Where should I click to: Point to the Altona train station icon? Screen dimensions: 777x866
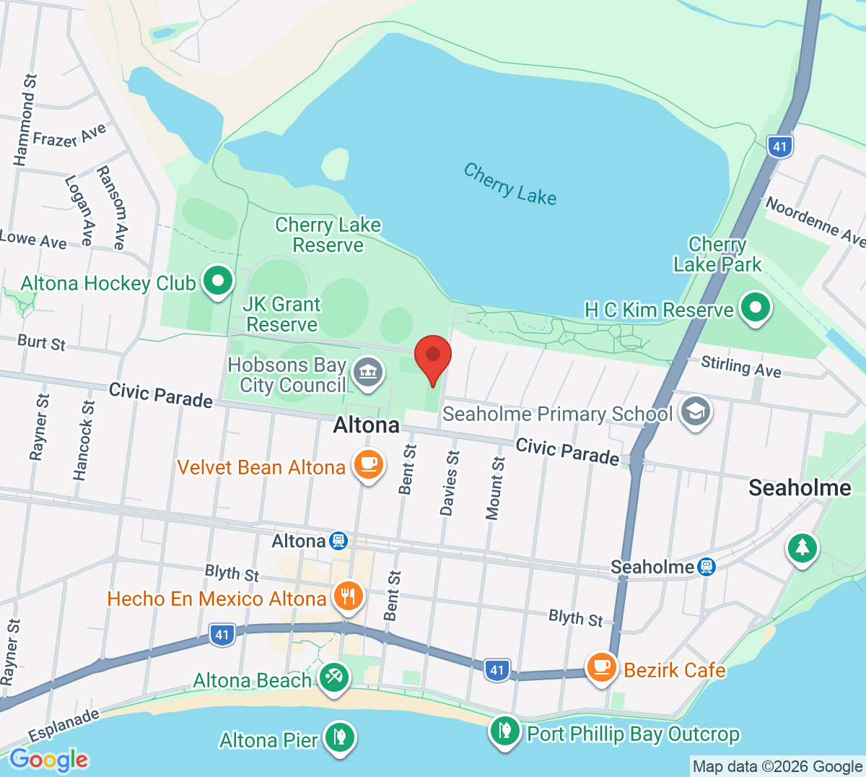(x=338, y=541)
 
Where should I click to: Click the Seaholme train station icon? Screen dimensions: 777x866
(x=707, y=567)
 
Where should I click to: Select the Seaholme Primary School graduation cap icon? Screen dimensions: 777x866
(x=695, y=412)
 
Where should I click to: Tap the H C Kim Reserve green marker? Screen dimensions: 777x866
(x=755, y=308)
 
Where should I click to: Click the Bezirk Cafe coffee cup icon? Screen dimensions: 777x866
(x=601, y=668)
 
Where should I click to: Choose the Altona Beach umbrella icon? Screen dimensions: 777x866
(x=333, y=678)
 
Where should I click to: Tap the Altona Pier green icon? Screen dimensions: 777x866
(x=338, y=738)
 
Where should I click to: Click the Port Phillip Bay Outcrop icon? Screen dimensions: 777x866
(x=505, y=732)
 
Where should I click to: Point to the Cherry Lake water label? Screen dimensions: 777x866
(x=509, y=184)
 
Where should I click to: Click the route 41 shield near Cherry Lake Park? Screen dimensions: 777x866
(x=779, y=147)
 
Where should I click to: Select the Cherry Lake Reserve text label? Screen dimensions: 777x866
(x=328, y=235)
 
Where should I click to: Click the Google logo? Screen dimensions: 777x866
(x=49, y=760)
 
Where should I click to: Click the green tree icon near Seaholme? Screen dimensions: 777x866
(x=802, y=548)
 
